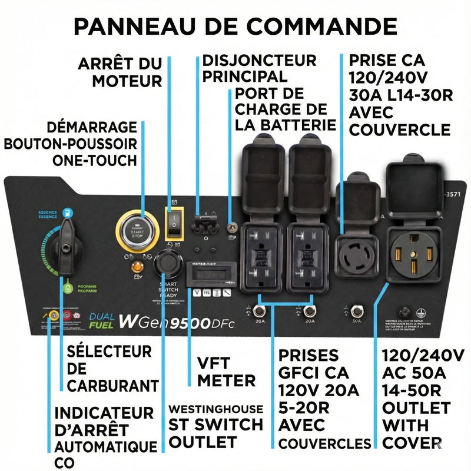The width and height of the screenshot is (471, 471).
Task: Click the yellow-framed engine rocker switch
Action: click(x=174, y=221)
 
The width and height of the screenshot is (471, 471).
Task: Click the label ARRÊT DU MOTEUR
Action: click(x=120, y=72)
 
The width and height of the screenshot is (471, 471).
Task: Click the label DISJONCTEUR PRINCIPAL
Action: click(x=259, y=68)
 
